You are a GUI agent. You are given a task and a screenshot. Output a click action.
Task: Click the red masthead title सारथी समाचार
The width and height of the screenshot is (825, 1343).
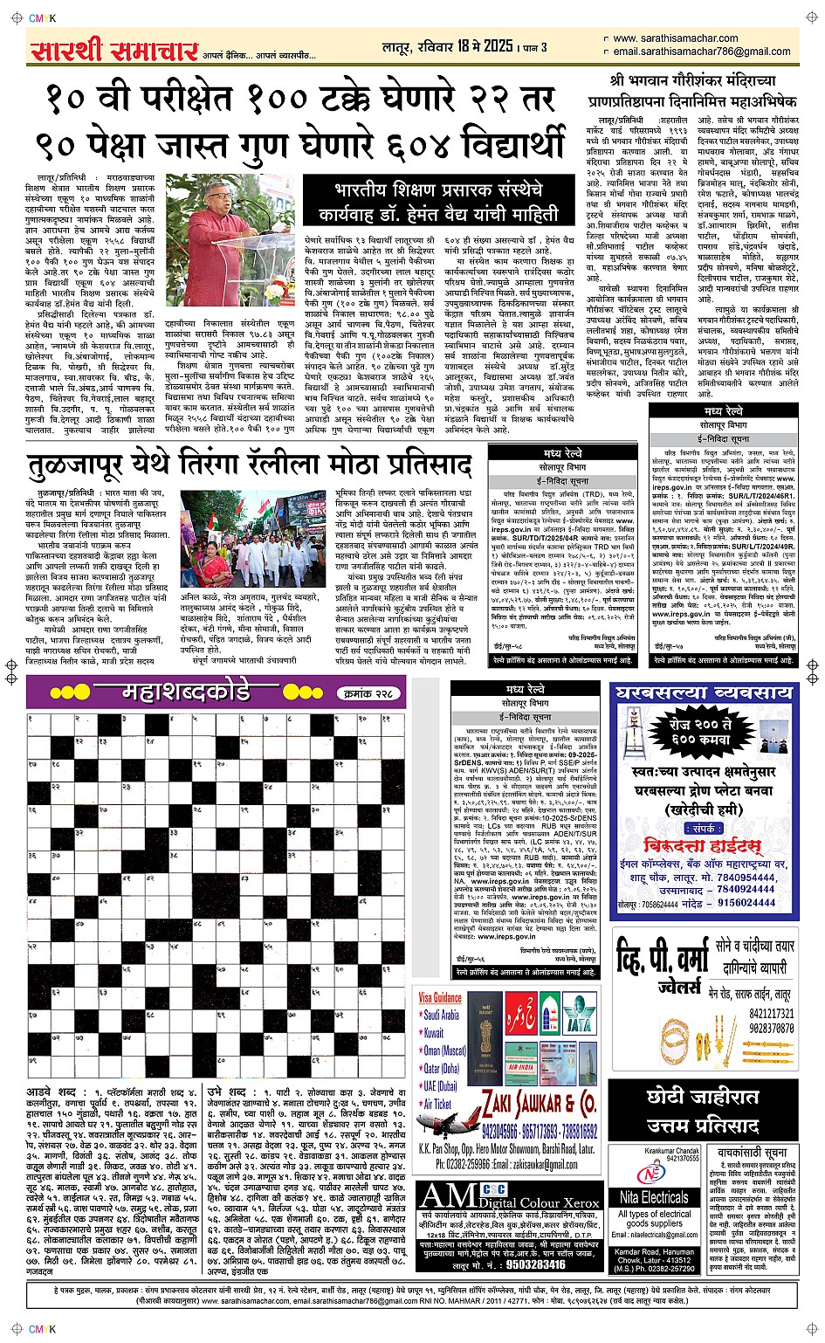pyautogui.click(x=113, y=50)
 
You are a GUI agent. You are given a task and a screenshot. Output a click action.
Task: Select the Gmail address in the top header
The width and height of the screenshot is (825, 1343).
pyautogui.click(x=702, y=52)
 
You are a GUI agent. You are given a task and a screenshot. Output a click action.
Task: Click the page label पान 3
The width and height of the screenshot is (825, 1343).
pyautogui.click(x=534, y=47)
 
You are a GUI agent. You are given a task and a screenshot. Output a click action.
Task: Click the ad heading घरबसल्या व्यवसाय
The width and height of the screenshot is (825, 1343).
pyautogui.click(x=703, y=694)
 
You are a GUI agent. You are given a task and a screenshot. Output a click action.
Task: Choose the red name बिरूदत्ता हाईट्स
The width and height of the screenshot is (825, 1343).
pyautogui.click(x=703, y=846)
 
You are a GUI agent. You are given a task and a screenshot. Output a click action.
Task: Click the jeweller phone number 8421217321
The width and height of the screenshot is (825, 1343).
pyautogui.click(x=771, y=1014)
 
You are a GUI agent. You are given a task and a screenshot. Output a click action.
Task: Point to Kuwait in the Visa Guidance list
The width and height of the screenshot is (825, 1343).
pyautogui.click(x=433, y=1033)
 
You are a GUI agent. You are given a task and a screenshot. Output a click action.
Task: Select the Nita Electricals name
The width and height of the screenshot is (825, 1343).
pyautogui.click(x=654, y=1197)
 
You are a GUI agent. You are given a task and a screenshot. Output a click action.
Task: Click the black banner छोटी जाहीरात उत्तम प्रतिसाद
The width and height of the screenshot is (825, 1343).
pyautogui.click(x=703, y=1110)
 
